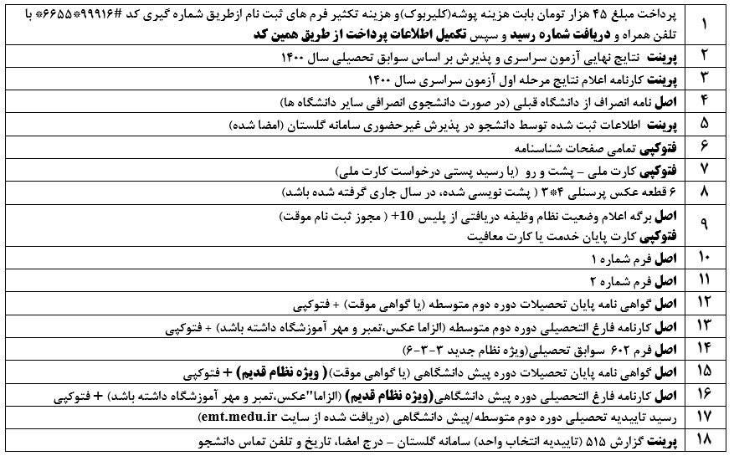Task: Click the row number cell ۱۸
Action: click(703, 438)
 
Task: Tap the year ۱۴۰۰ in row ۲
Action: click(294, 59)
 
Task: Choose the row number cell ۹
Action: click(703, 223)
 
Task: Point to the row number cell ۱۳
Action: click(703, 324)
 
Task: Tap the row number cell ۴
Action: click(703, 102)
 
